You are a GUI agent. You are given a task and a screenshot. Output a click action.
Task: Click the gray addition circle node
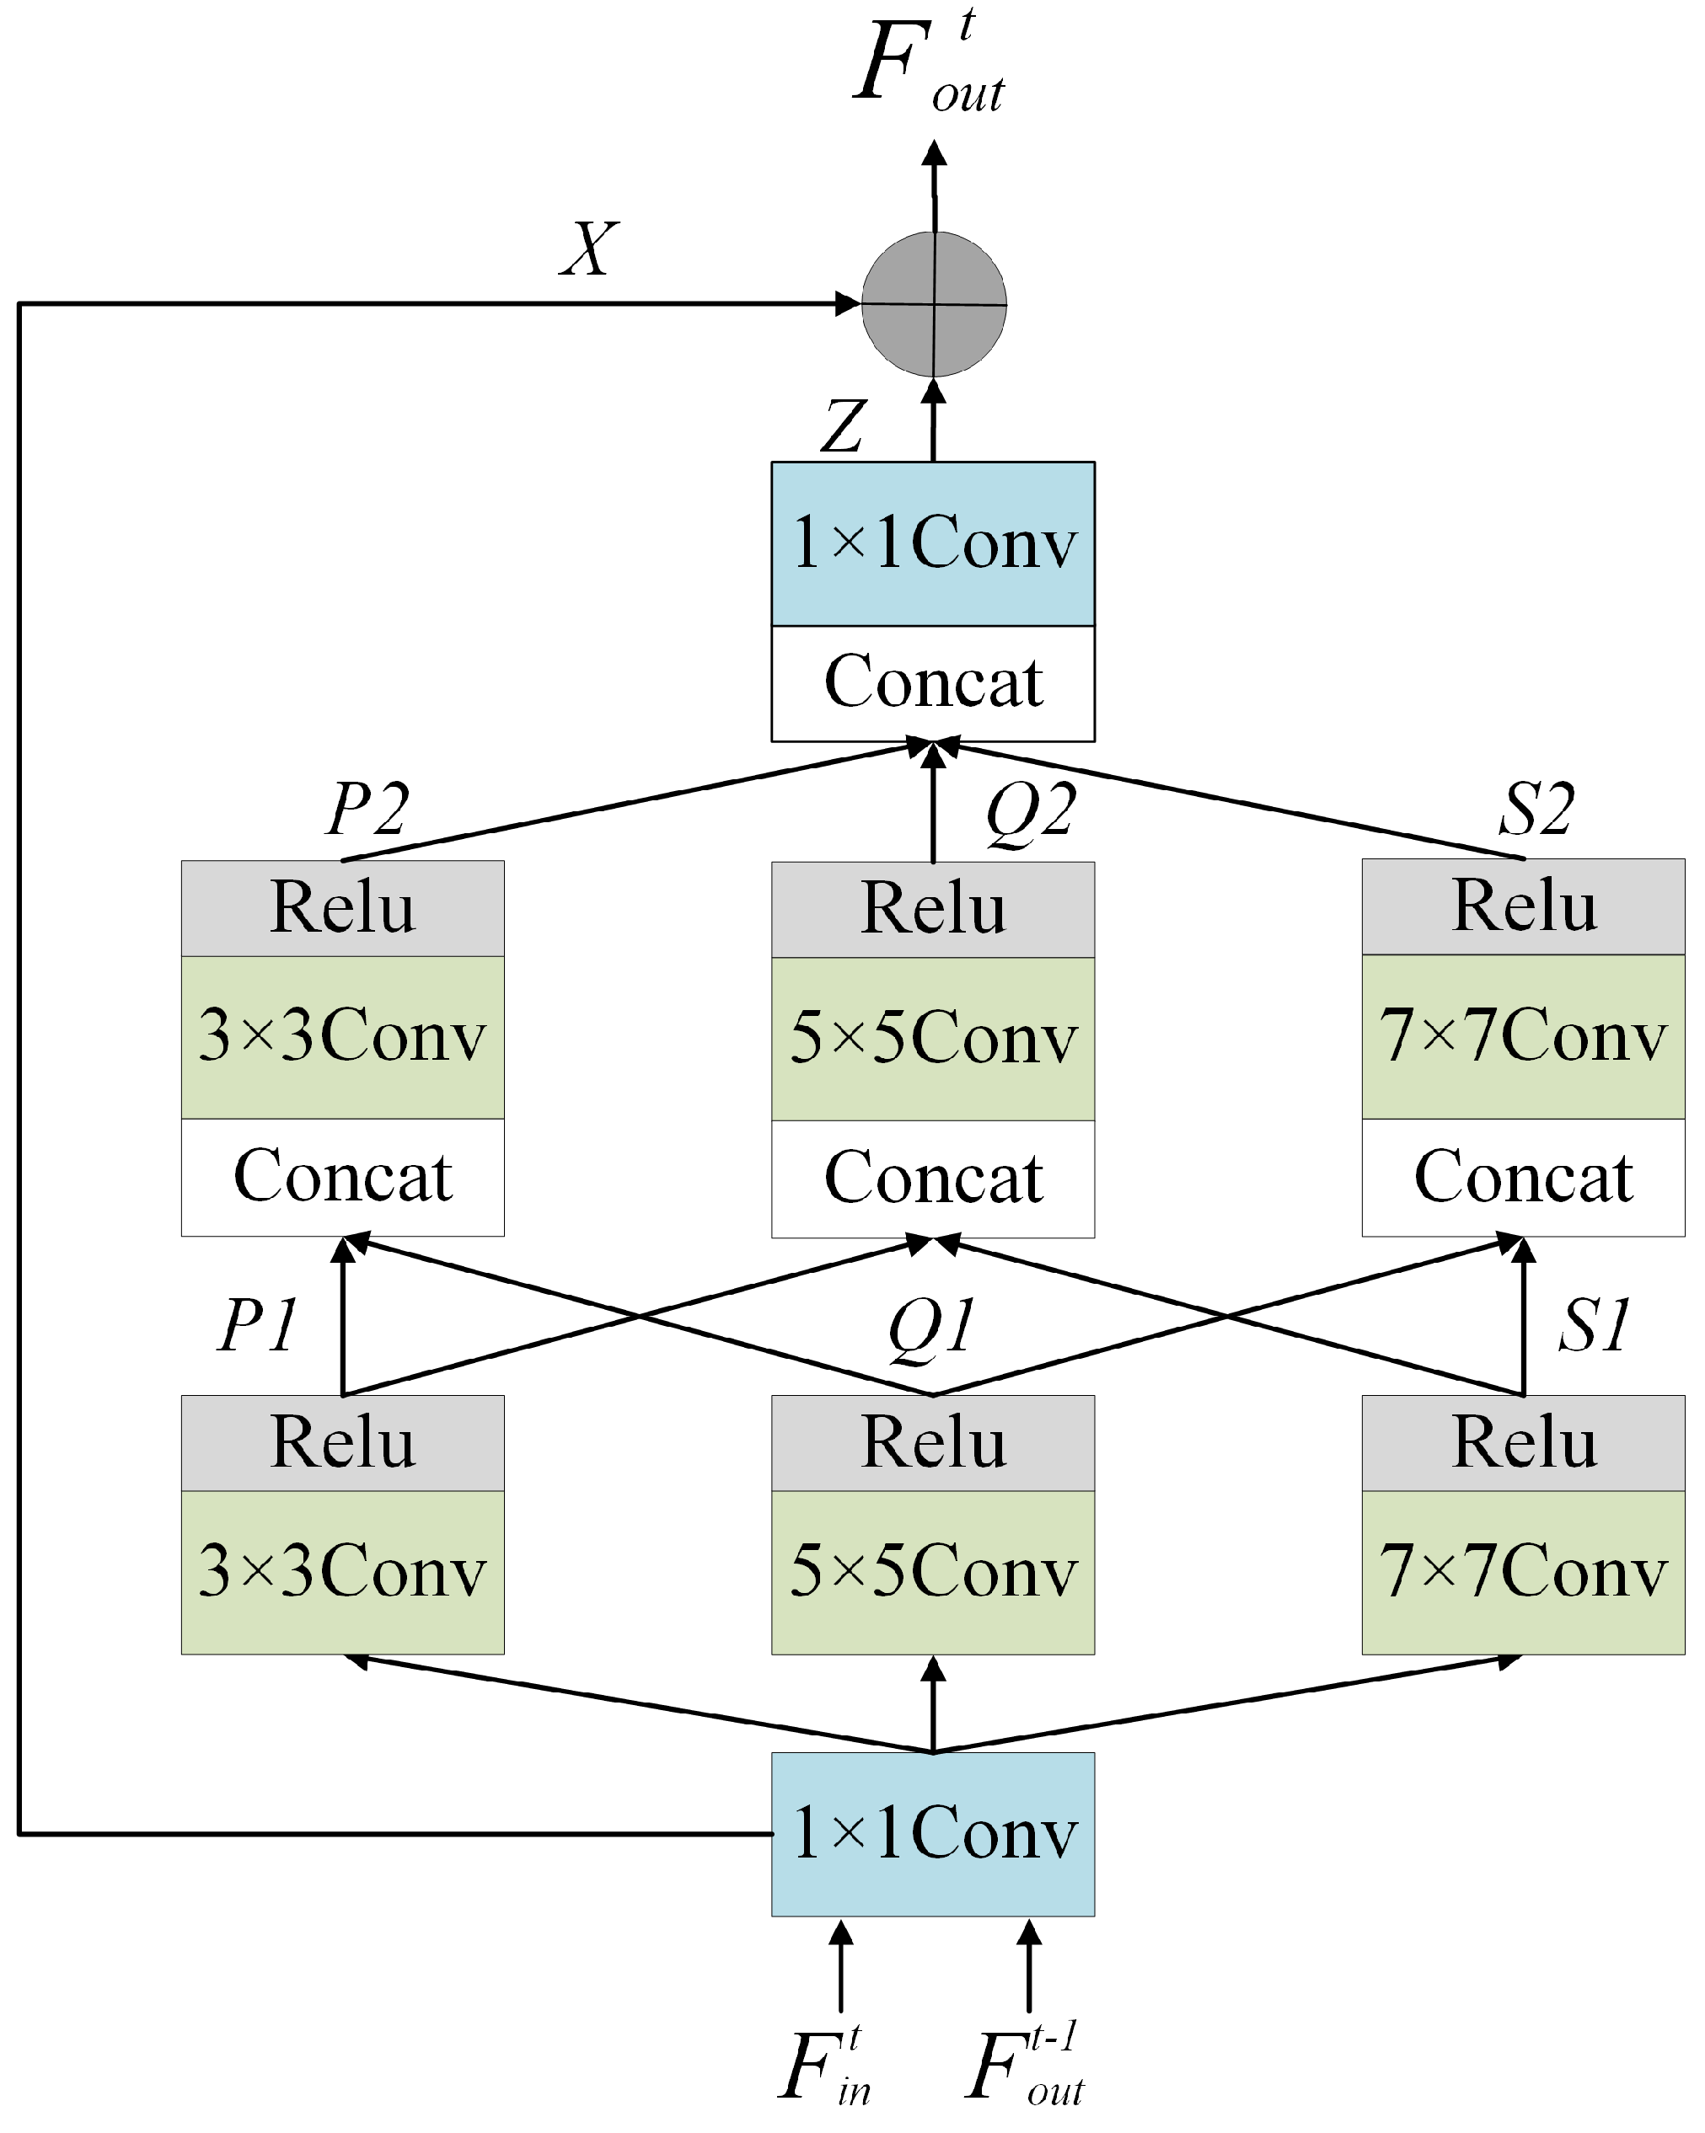point(934,305)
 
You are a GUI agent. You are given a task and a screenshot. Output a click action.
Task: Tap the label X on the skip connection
point(590,249)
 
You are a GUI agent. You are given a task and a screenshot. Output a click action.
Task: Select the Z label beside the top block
point(844,426)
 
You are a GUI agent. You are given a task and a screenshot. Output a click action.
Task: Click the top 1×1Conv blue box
point(933,543)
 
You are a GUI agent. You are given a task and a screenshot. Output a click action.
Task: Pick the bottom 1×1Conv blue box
point(933,1833)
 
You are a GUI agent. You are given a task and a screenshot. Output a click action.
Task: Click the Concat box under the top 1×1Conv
point(933,682)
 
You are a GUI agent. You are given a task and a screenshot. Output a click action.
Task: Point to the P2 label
point(367,808)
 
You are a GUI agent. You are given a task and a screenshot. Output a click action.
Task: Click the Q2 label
point(1030,812)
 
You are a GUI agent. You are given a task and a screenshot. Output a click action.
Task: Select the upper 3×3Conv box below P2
point(342,1036)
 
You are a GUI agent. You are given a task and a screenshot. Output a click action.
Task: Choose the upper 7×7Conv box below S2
point(1523,1036)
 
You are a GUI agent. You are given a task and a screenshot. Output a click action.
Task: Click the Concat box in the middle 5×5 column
point(933,1178)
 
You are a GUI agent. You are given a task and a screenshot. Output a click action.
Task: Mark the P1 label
point(257,1325)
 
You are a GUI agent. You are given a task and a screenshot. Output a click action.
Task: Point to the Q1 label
point(931,1327)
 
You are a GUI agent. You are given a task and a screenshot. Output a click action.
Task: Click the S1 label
point(1594,1325)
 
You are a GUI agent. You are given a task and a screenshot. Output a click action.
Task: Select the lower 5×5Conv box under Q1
point(933,1571)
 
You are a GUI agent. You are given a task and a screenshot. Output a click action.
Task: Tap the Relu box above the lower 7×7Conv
point(1523,1442)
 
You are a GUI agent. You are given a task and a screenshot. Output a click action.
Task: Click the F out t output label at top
point(928,64)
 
